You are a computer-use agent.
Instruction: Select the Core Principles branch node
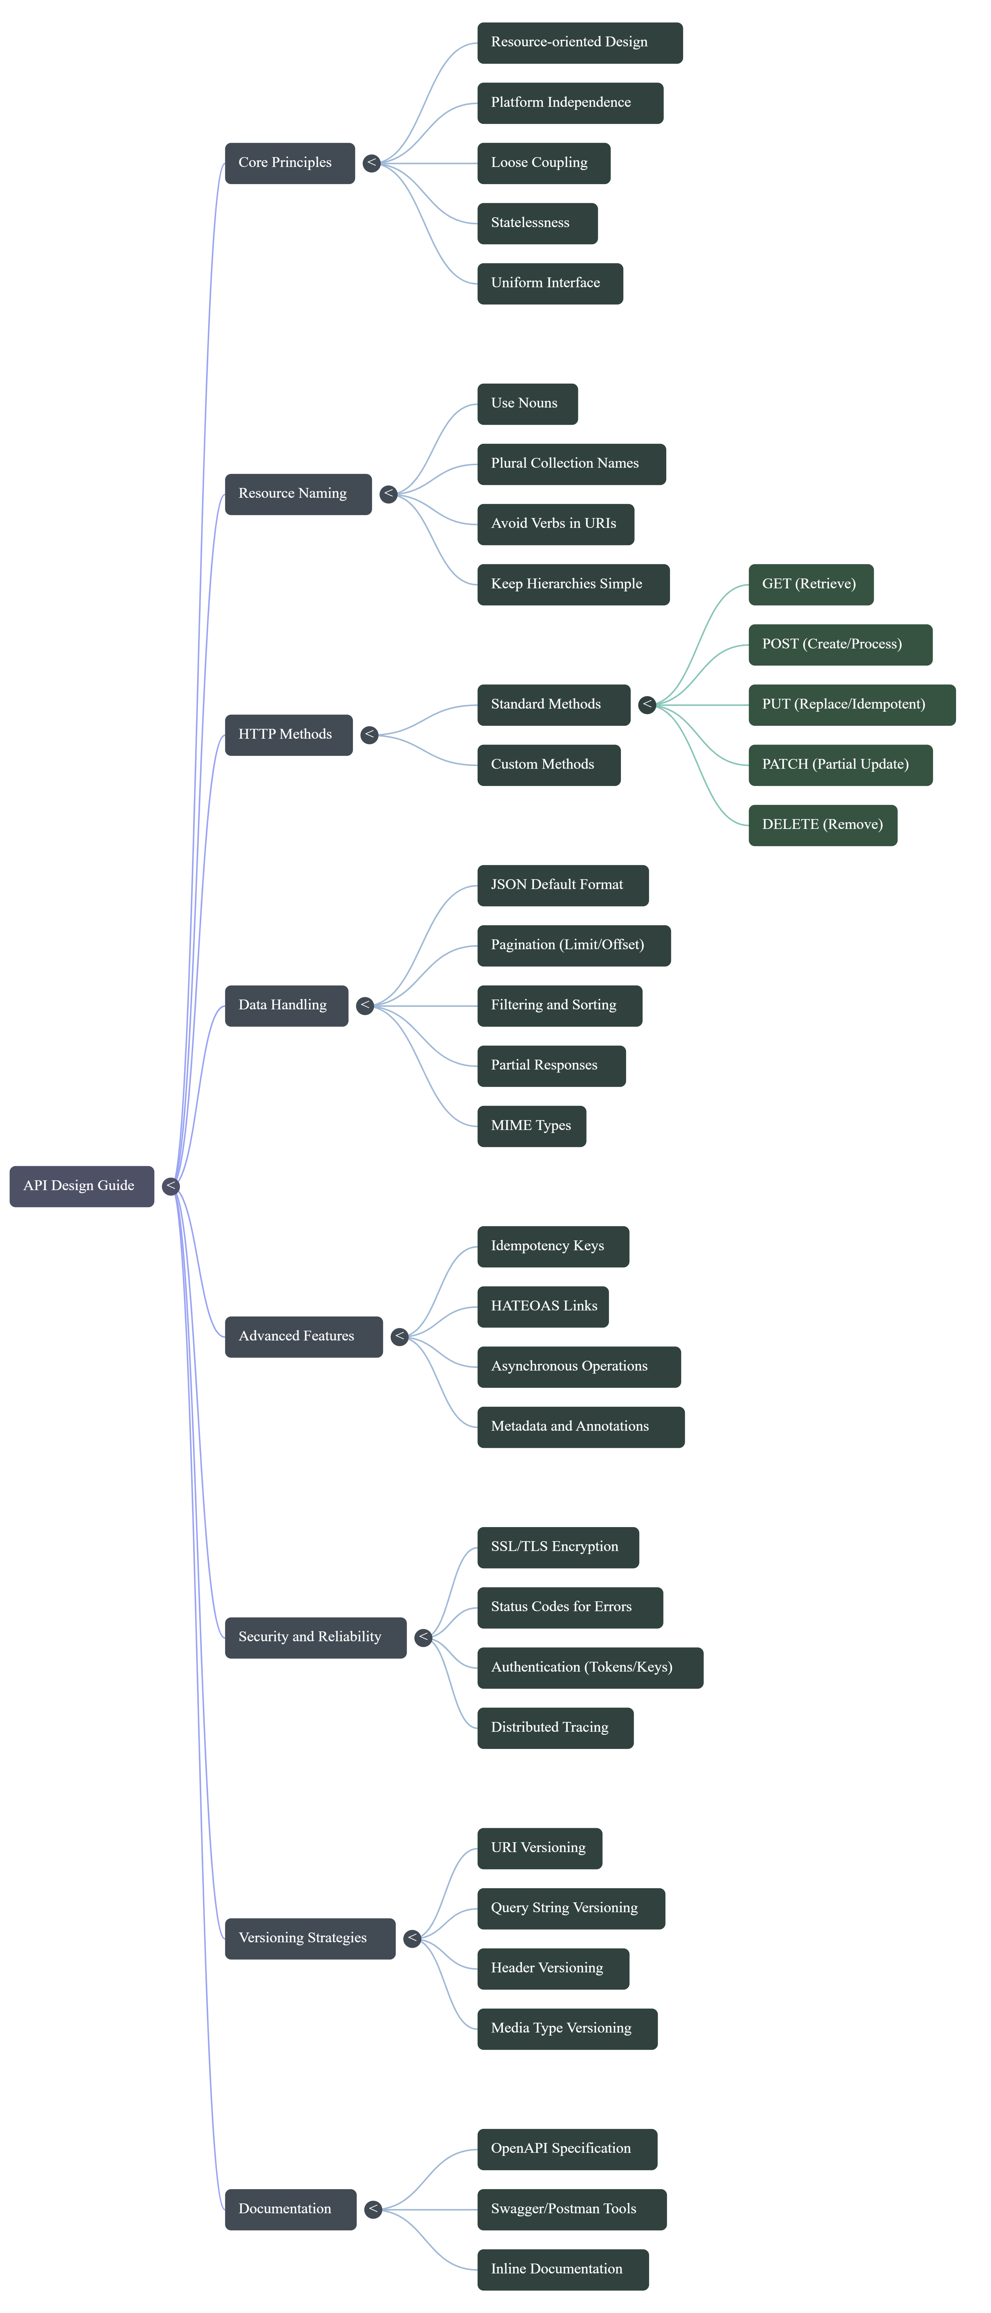[289, 164]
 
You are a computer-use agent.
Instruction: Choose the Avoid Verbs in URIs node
[555, 524]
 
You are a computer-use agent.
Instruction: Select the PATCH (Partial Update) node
[839, 765]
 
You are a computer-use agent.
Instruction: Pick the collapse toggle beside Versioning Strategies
[412, 1939]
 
